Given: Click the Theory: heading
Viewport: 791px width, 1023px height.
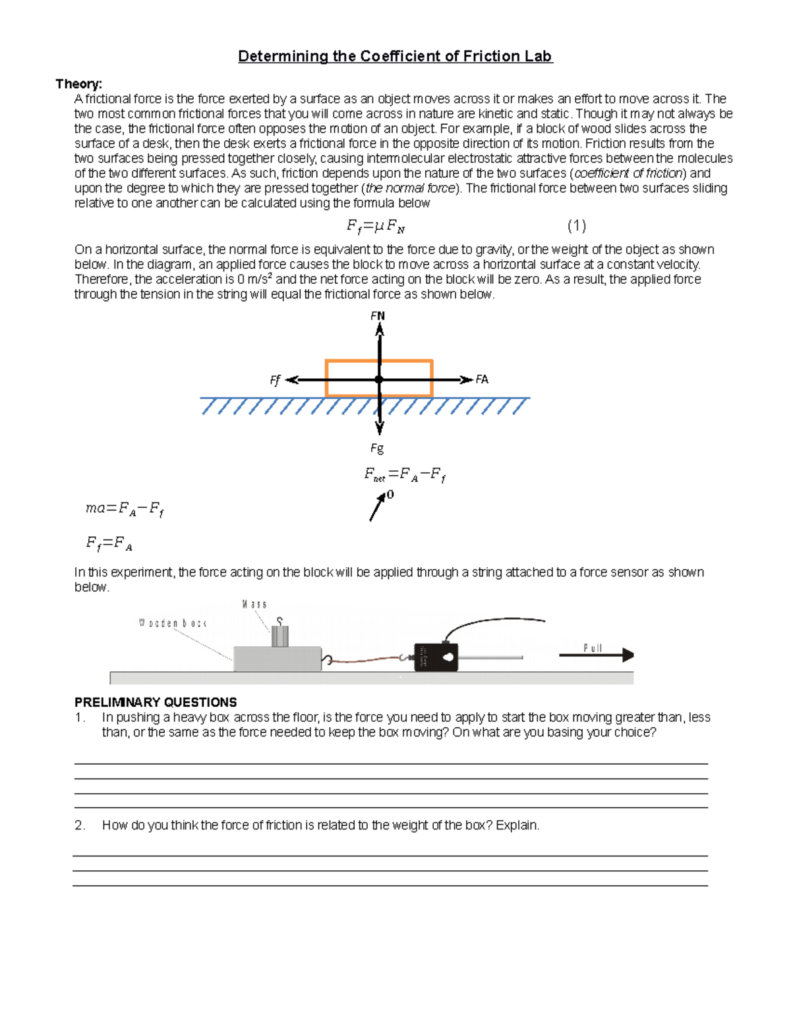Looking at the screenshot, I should [78, 84].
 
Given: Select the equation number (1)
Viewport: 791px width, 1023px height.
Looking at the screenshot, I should [576, 226].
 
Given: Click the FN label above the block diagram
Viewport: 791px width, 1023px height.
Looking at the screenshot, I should [378, 316].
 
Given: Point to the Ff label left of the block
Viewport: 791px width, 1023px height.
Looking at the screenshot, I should [275, 380].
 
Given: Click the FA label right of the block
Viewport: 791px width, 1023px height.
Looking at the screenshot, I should [482, 379].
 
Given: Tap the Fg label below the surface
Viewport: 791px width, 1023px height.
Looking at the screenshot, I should [376, 449].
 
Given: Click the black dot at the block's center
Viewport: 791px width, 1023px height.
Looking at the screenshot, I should [379, 379].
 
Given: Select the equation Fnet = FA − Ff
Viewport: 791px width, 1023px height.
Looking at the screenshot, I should [405, 475].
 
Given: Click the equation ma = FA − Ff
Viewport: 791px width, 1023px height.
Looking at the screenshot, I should [125, 509].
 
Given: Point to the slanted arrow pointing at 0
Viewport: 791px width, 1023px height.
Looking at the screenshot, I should [377, 507].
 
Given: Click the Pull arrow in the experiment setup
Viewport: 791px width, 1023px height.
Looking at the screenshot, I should [597, 655].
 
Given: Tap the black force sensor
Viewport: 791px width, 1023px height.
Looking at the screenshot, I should [436, 657].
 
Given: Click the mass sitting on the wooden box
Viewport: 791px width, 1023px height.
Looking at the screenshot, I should [280, 636].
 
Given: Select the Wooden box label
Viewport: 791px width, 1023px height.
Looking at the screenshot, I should [173, 623].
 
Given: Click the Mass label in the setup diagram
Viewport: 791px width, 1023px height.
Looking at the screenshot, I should [254, 604].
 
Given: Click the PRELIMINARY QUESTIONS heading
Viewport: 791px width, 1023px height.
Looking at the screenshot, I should [156, 702].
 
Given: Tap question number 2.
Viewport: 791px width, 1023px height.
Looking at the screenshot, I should [80, 825].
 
